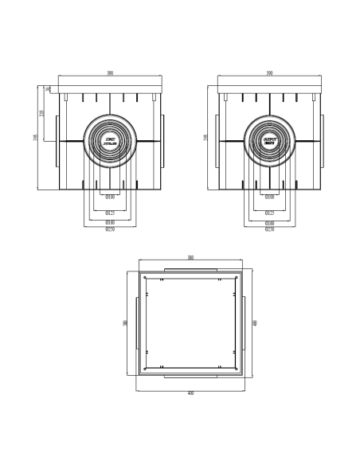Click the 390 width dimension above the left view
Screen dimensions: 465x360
click(x=110, y=73)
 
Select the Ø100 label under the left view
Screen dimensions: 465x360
click(x=110, y=196)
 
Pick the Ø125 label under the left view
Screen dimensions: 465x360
click(x=110, y=213)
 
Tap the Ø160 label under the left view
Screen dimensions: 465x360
click(x=110, y=222)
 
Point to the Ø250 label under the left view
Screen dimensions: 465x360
click(x=110, y=229)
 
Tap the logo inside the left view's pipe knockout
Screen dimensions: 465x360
click(x=110, y=143)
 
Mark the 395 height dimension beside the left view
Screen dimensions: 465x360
click(x=35, y=137)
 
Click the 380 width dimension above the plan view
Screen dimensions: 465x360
click(x=190, y=258)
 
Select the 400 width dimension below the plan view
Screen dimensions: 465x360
click(x=190, y=393)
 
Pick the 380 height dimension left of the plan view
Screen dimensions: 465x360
click(x=125, y=323)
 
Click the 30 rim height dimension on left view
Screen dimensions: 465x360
click(x=48, y=89)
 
